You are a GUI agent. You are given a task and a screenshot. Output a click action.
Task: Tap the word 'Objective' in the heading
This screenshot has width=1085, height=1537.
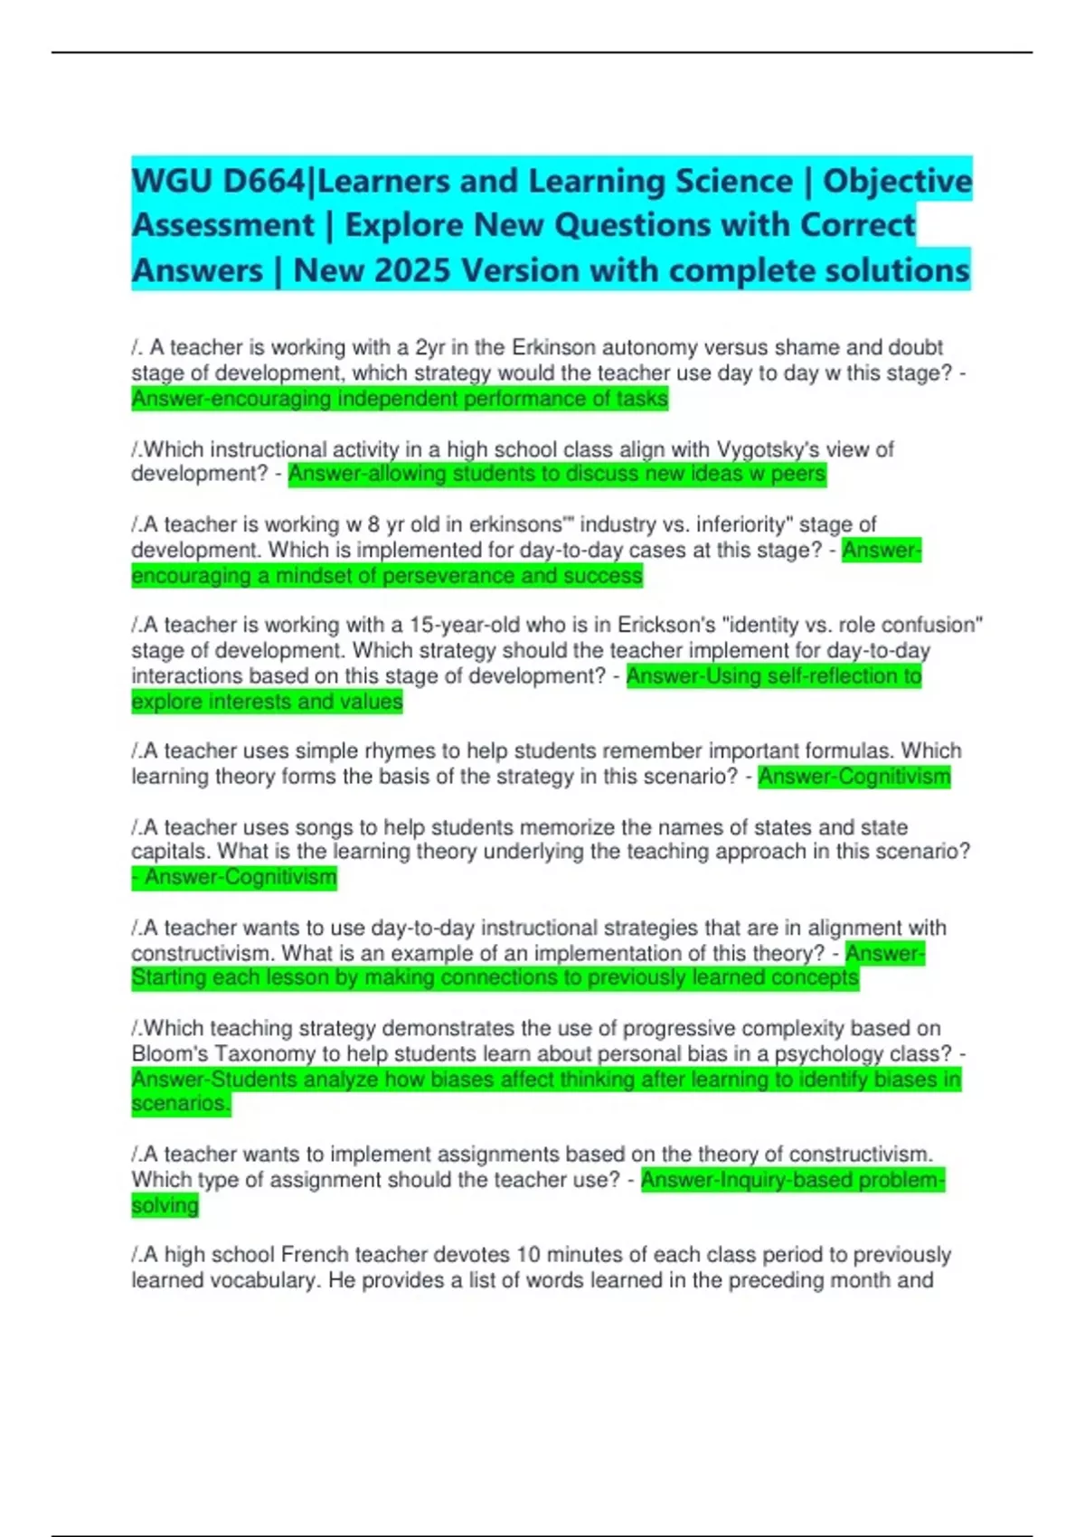pos(897,182)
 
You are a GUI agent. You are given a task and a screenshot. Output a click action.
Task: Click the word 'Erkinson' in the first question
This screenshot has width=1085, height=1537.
pos(553,348)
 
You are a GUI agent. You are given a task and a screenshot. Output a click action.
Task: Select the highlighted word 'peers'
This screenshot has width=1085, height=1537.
pos(798,474)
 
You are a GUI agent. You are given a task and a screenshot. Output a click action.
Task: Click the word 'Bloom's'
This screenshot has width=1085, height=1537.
pos(169,1054)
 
